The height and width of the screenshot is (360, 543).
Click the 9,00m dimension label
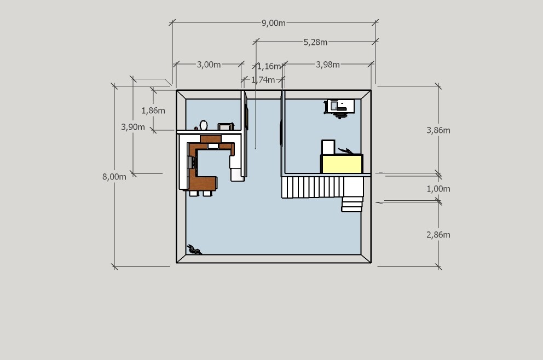[273, 23]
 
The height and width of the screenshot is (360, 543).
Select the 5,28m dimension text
[315, 42]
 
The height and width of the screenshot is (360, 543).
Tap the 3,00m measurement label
[209, 65]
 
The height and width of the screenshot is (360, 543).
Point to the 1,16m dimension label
[269, 66]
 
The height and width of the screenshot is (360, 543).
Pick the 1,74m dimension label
[263, 80]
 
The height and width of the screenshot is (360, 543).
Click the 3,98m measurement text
[327, 65]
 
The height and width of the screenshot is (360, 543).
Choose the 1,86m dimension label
[153, 111]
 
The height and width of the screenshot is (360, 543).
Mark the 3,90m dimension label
[132, 127]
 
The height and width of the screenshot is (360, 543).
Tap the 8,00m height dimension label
[114, 177]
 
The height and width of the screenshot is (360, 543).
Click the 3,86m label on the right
[438, 130]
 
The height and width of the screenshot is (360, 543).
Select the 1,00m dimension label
[438, 189]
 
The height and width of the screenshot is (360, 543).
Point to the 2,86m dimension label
[438, 235]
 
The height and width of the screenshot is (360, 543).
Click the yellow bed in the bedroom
[342, 164]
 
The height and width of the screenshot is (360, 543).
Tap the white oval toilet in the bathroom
[204, 125]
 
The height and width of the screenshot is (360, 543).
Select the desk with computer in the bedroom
[340, 106]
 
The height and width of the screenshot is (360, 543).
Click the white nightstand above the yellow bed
[328, 147]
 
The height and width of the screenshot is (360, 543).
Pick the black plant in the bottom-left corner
[194, 249]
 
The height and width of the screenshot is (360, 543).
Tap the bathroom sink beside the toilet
[225, 126]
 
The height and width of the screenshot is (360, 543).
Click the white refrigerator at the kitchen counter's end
[237, 175]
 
